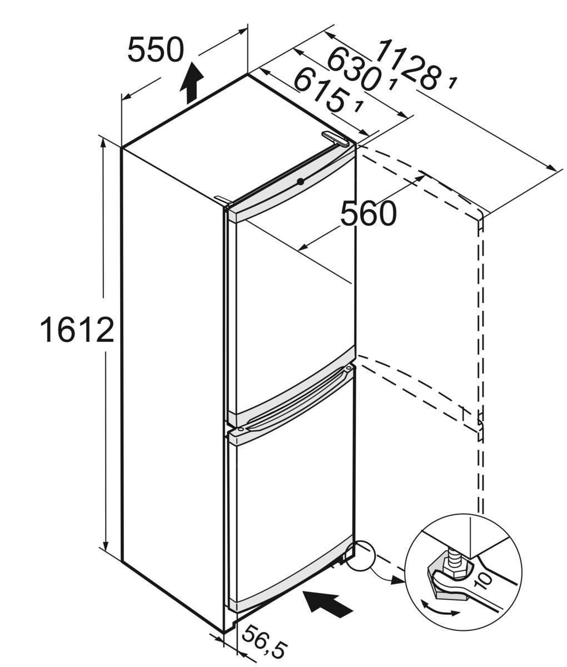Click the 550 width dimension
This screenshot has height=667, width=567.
[155, 50]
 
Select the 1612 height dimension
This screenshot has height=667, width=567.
[77, 330]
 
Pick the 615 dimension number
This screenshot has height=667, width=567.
[320, 88]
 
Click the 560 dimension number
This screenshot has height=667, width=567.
[368, 214]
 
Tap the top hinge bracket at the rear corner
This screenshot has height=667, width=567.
[336, 138]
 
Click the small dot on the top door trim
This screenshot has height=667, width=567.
[300, 181]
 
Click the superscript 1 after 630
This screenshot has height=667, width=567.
[393, 84]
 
